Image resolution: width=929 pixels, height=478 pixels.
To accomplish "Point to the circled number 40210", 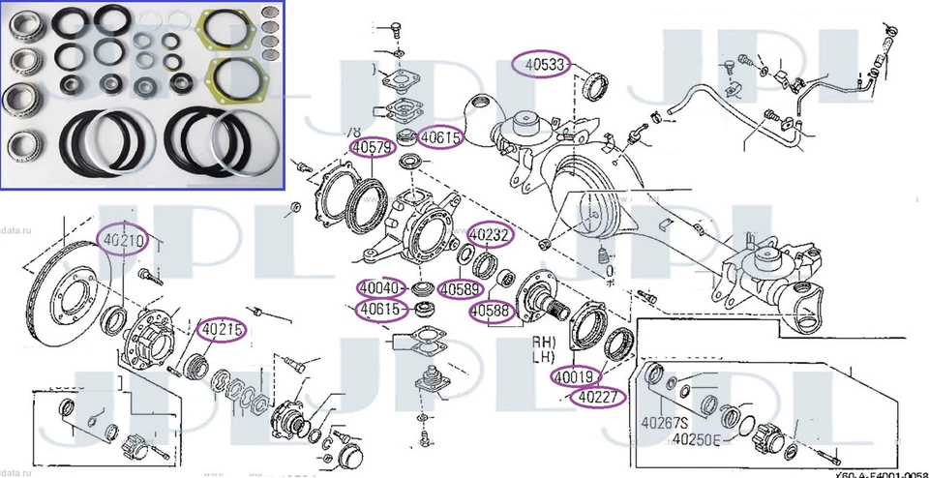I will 124,238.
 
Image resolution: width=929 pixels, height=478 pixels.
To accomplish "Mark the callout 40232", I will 491,235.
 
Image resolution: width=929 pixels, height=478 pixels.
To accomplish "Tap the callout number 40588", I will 491,311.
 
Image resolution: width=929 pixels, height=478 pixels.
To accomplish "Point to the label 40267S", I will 665,422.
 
